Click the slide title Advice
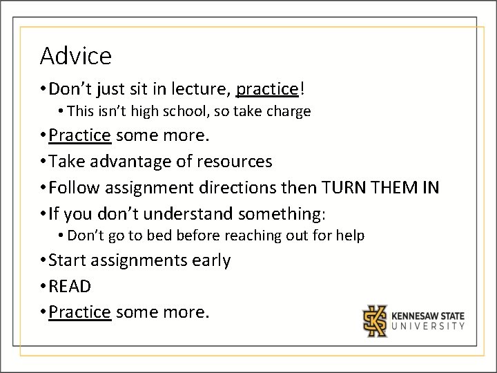click(x=75, y=55)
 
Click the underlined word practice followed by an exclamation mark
click(x=266, y=89)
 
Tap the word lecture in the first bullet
click(x=202, y=89)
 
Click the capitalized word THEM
click(x=391, y=187)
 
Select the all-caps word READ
click(x=70, y=286)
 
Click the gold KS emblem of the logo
click(x=376, y=321)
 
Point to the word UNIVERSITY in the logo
click(x=428, y=326)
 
